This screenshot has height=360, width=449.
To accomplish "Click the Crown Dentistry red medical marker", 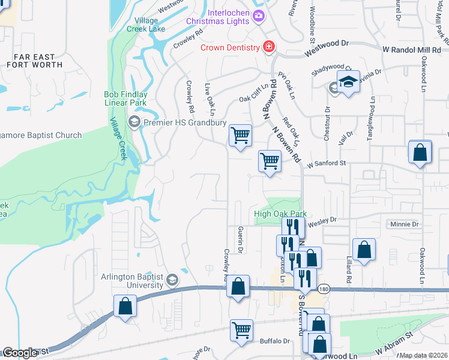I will tap(268, 47).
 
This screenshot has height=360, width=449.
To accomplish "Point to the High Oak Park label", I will tap(280, 214).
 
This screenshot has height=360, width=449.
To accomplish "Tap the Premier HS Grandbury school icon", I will tap(134, 122).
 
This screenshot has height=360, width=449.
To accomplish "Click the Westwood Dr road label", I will tap(326, 49).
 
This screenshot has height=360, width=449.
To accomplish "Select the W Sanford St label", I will tap(327, 163).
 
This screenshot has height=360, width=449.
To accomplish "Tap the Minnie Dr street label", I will tap(404, 224).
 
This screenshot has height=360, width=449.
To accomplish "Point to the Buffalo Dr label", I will tap(274, 341).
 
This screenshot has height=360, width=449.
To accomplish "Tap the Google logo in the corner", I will tap(20, 353).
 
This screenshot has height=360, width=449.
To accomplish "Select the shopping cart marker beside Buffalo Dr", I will tap(241, 329).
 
